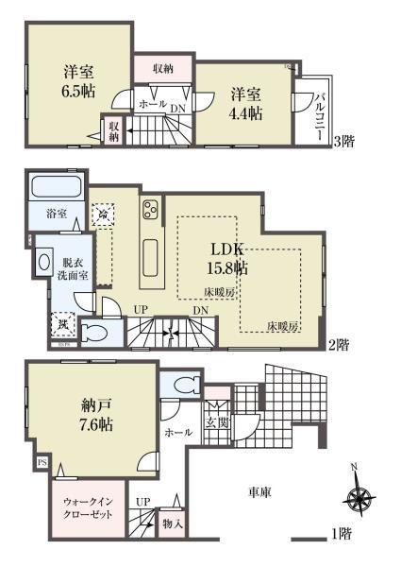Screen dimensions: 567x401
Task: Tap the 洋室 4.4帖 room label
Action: click(244, 103)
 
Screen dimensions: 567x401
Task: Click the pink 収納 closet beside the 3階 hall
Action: click(162, 68)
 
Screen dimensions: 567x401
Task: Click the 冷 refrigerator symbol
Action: click(102, 215)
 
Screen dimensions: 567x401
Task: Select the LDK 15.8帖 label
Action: click(228, 258)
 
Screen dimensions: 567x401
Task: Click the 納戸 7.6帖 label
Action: click(96, 415)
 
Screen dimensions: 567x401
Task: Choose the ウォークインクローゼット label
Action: click(86, 507)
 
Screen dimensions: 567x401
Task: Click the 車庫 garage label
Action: click(261, 492)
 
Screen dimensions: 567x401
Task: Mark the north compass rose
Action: click(356, 498)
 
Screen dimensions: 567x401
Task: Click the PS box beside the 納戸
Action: click(42, 463)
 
